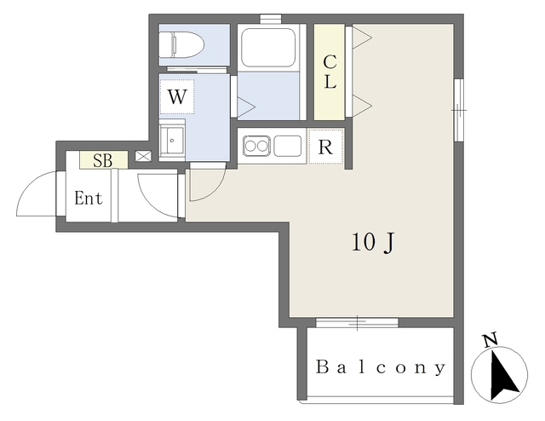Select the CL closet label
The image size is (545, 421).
(x=330, y=72)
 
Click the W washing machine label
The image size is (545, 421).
(x=176, y=95)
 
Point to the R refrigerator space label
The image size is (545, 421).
(x=324, y=146)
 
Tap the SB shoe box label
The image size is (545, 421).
(x=103, y=159)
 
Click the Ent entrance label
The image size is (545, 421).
(x=89, y=199)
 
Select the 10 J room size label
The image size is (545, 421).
(x=372, y=243)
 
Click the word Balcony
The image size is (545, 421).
(x=381, y=368)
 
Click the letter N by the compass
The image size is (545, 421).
(x=490, y=341)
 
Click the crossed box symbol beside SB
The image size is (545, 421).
(x=141, y=157)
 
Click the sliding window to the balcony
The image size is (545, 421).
(x=357, y=322)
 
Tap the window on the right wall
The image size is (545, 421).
(x=458, y=108)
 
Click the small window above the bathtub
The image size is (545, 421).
(x=272, y=18)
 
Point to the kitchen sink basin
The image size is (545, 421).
(x=287, y=147)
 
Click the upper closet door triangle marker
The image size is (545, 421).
(x=360, y=37)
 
